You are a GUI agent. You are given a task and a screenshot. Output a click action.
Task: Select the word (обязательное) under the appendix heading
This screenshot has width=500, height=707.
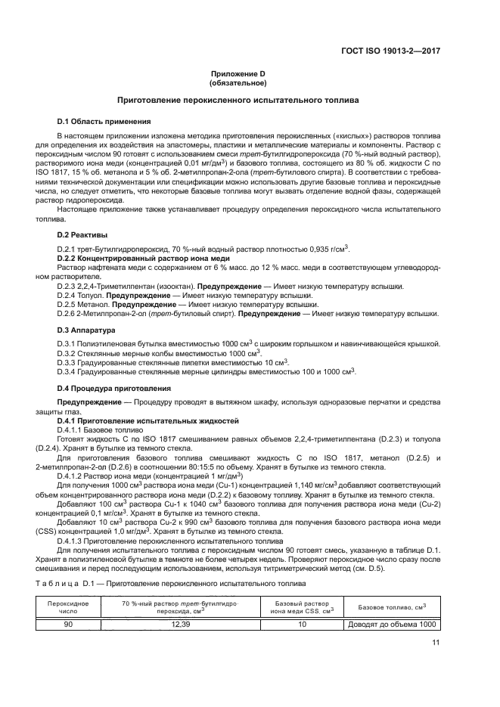click(x=249, y=82)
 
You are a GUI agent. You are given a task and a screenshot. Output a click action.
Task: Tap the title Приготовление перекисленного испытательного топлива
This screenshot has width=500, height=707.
click(x=249, y=100)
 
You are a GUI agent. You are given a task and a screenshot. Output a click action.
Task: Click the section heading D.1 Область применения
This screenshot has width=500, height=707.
click(x=104, y=121)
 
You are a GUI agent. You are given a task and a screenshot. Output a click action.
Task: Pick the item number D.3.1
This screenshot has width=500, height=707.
click(x=70, y=344)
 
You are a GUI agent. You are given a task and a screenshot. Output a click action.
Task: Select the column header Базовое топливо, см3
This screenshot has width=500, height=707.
click(x=392, y=607)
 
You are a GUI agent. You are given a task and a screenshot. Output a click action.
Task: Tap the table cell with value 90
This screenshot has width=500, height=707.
click(x=68, y=625)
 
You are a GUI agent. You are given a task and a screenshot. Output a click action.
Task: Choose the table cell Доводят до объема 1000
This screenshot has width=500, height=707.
click(x=392, y=625)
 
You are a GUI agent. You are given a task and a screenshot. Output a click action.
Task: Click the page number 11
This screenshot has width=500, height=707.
click(x=436, y=643)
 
